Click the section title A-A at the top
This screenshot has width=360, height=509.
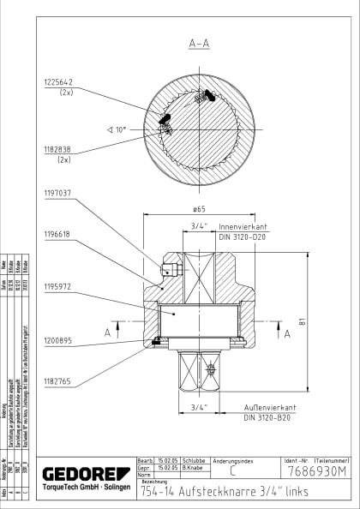click(x=200, y=41)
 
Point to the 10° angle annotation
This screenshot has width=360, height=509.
click(x=117, y=129)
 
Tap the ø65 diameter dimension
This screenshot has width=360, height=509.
click(x=199, y=208)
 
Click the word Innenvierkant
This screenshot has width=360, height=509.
click(x=243, y=227)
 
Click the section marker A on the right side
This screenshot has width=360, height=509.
click(x=286, y=333)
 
